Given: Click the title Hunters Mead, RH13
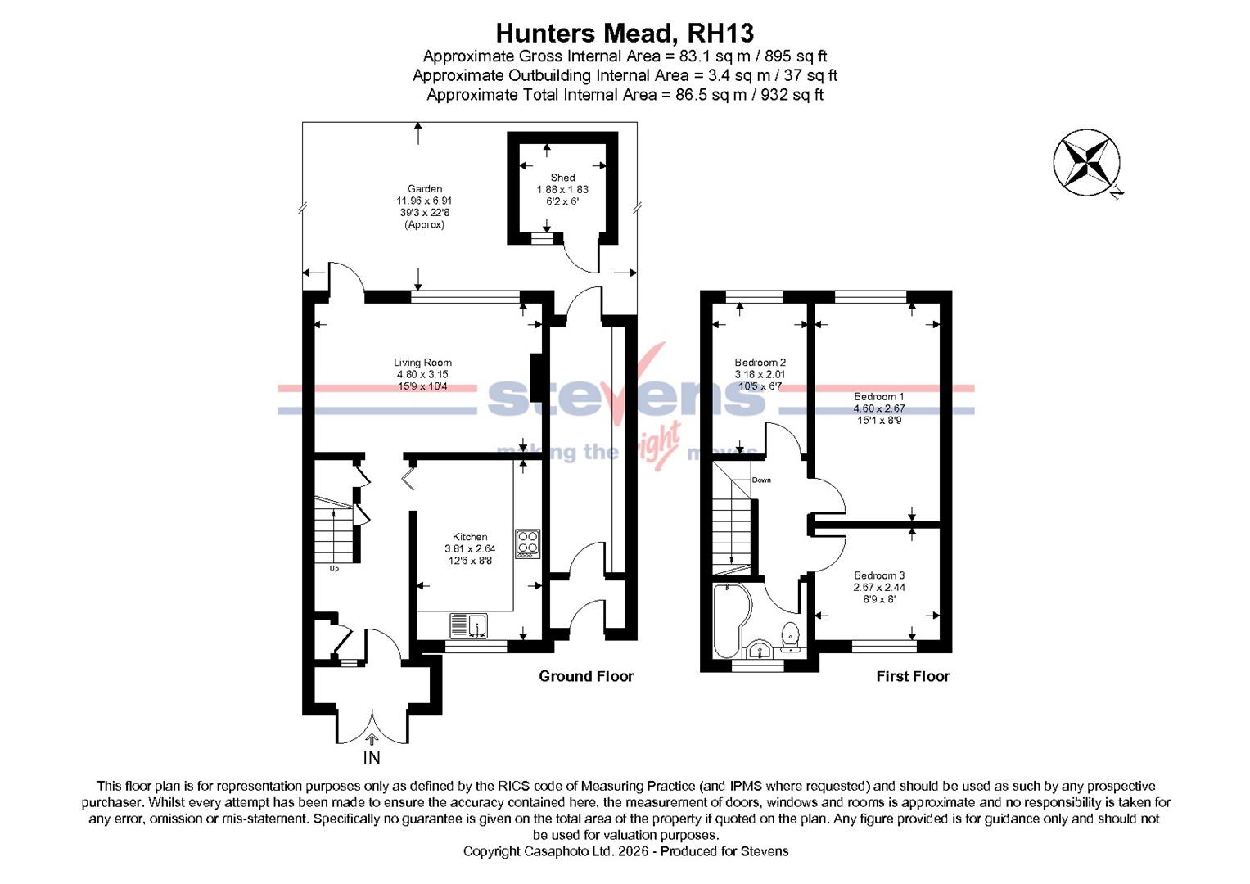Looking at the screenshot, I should (625, 33).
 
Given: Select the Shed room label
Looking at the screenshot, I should (562, 178).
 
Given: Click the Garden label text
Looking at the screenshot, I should (424, 189).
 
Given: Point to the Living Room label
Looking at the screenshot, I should (422, 363).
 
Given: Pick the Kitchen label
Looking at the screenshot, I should (470, 537).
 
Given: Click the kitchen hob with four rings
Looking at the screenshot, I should (527, 543).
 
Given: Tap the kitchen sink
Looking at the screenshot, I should (468, 626).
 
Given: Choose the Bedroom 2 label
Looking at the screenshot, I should (760, 363).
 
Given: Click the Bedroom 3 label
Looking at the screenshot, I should (879, 575).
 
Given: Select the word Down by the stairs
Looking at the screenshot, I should (761, 480).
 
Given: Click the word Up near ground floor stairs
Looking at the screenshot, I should (334, 569).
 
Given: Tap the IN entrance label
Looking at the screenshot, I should (372, 758).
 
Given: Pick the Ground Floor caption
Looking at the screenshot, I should (586, 676).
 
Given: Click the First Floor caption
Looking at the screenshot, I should (913, 676).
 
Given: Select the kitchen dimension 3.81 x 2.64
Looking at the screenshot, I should (470, 549).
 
